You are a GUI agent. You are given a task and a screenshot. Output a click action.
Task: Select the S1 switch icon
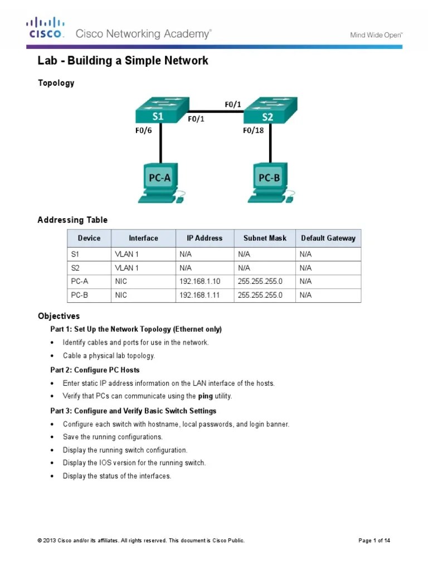tap(161, 111)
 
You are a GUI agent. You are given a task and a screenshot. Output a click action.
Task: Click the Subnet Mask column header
tap(265, 238)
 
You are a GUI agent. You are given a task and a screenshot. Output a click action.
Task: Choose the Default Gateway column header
tap(328, 238)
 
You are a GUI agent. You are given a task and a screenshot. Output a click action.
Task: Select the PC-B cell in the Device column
tap(80, 295)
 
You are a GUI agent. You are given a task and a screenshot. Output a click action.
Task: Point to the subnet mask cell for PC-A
tap(260, 282)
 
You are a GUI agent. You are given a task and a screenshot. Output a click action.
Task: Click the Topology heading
tap(56, 83)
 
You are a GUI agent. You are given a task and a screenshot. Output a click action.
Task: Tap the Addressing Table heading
tap(72, 220)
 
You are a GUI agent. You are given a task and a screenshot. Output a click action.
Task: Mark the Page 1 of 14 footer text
tap(374, 540)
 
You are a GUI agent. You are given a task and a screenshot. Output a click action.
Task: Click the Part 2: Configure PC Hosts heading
tap(95, 370)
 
